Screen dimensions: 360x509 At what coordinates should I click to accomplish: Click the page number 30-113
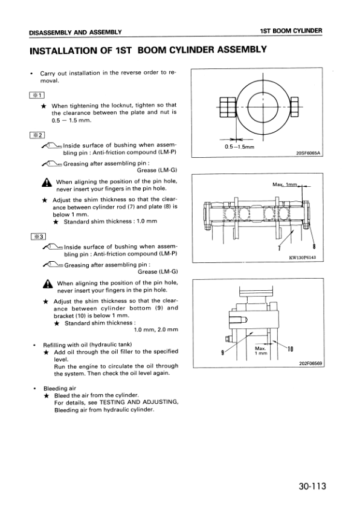click(312, 486)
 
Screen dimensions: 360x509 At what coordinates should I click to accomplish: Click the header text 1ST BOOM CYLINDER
click(291, 31)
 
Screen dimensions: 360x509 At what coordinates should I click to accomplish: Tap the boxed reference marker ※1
click(37, 95)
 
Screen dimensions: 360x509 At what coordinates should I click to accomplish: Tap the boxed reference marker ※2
click(37, 135)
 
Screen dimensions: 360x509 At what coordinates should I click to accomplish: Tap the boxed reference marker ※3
click(39, 236)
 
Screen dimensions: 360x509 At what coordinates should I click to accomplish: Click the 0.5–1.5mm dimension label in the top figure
click(239, 147)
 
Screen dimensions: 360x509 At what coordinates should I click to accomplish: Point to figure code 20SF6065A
click(308, 153)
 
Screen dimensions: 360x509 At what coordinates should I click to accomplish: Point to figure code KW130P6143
click(303, 258)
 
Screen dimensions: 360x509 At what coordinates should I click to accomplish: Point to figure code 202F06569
click(310, 363)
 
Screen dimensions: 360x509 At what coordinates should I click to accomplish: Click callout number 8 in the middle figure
click(314, 247)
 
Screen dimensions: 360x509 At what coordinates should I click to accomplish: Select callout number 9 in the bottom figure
click(222, 352)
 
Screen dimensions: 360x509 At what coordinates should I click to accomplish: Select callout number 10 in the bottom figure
click(291, 349)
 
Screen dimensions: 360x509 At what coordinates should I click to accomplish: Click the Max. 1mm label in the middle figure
click(285, 184)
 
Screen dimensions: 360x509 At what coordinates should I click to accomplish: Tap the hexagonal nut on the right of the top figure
click(295, 107)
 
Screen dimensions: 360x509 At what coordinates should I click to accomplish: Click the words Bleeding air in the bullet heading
click(60, 388)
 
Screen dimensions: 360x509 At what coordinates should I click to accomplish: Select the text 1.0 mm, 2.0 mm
click(156, 330)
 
